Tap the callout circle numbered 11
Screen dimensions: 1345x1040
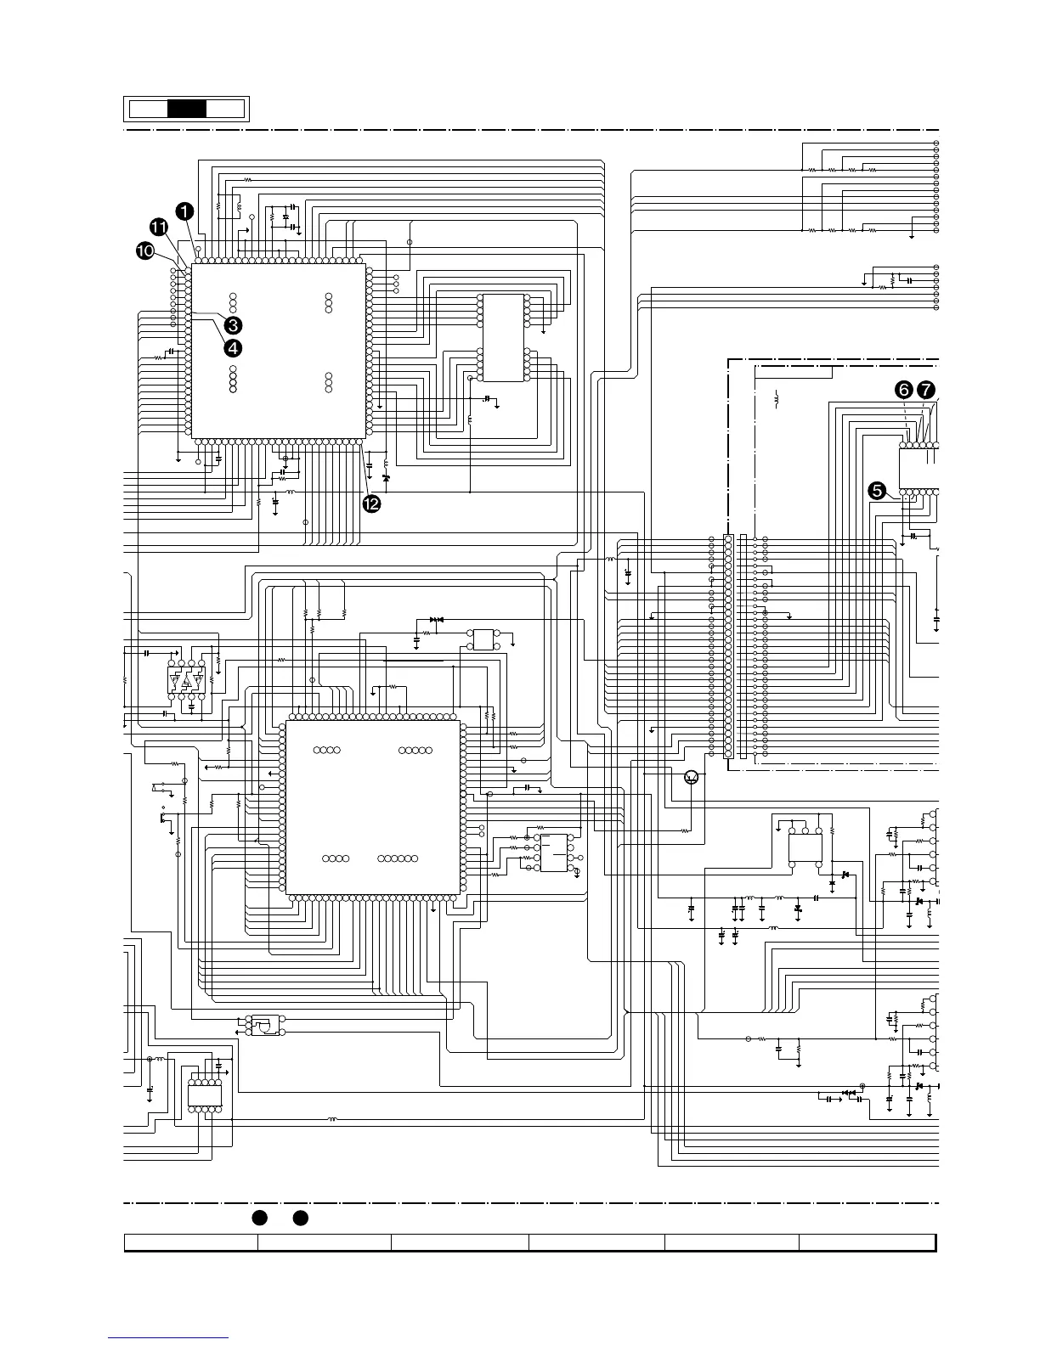tap(160, 226)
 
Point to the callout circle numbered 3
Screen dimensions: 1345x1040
tap(234, 324)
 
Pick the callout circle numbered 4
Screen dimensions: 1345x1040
tap(232, 346)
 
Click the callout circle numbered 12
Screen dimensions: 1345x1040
tap(370, 504)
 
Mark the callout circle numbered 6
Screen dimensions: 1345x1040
tap(904, 389)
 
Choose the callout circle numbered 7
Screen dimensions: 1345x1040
tap(926, 389)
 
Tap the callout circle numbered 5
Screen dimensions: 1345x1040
tap(877, 490)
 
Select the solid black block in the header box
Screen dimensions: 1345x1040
tap(187, 109)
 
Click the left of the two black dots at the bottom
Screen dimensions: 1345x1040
tap(259, 1218)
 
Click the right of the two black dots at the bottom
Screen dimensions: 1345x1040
tap(300, 1218)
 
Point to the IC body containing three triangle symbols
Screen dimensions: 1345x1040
tap(187, 680)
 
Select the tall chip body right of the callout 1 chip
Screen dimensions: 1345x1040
tap(503, 338)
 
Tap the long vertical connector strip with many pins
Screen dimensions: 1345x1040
tap(728, 646)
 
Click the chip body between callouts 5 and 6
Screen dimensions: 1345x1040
tap(918, 468)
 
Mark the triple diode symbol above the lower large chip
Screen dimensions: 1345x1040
tap(437, 620)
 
